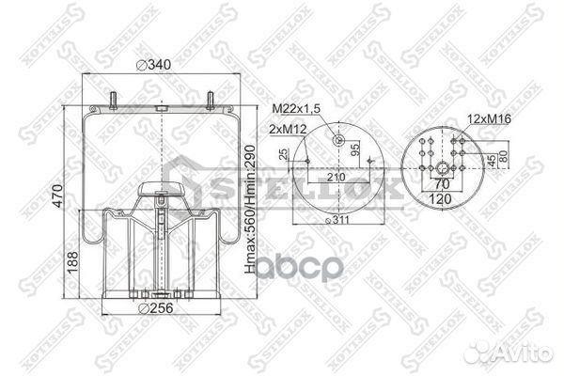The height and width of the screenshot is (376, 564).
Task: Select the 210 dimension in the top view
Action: (x=337, y=178)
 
